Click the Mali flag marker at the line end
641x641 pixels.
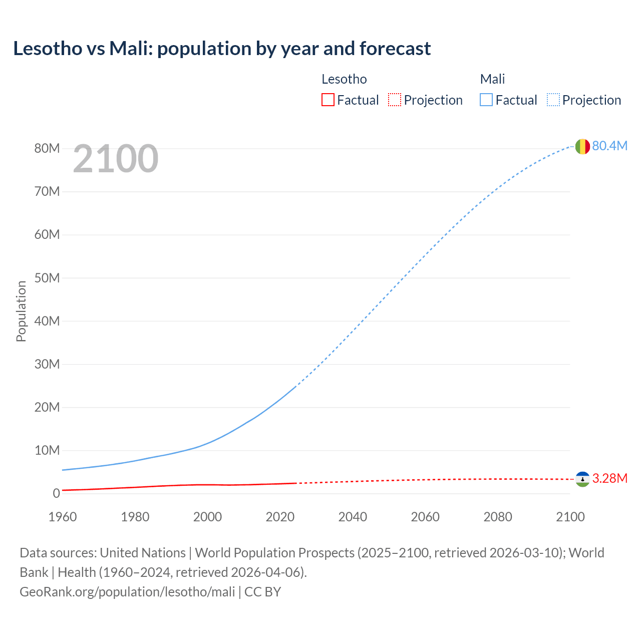pyautogui.click(x=582, y=146)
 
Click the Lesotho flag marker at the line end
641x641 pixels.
pyautogui.click(x=582, y=479)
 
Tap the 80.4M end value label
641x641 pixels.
pyautogui.click(x=609, y=146)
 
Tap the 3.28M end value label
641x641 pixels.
pyautogui.click(x=609, y=478)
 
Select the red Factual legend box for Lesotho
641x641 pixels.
pyautogui.click(x=328, y=100)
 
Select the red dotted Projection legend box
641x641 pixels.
pyautogui.click(x=395, y=100)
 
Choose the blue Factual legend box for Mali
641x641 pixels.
pyautogui.click(x=486, y=100)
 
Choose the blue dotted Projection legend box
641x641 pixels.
pyautogui.click(x=553, y=100)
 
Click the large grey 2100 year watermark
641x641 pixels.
pyautogui.click(x=116, y=159)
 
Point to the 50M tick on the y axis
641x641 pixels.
pyautogui.click(x=47, y=278)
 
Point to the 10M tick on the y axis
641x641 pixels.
pyautogui.click(x=47, y=450)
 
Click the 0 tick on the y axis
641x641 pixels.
pyautogui.click(x=56, y=493)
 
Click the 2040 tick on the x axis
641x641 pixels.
pyautogui.click(x=353, y=517)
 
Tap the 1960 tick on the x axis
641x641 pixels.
pyautogui.click(x=63, y=517)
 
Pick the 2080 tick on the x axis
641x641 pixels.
pyautogui.click(x=498, y=517)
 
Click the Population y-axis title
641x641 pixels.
pyautogui.click(x=21, y=311)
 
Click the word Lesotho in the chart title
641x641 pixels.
pyautogui.click(x=48, y=49)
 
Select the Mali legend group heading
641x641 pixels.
pyautogui.click(x=492, y=79)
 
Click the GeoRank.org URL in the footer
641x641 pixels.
pyautogui.click(x=127, y=592)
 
